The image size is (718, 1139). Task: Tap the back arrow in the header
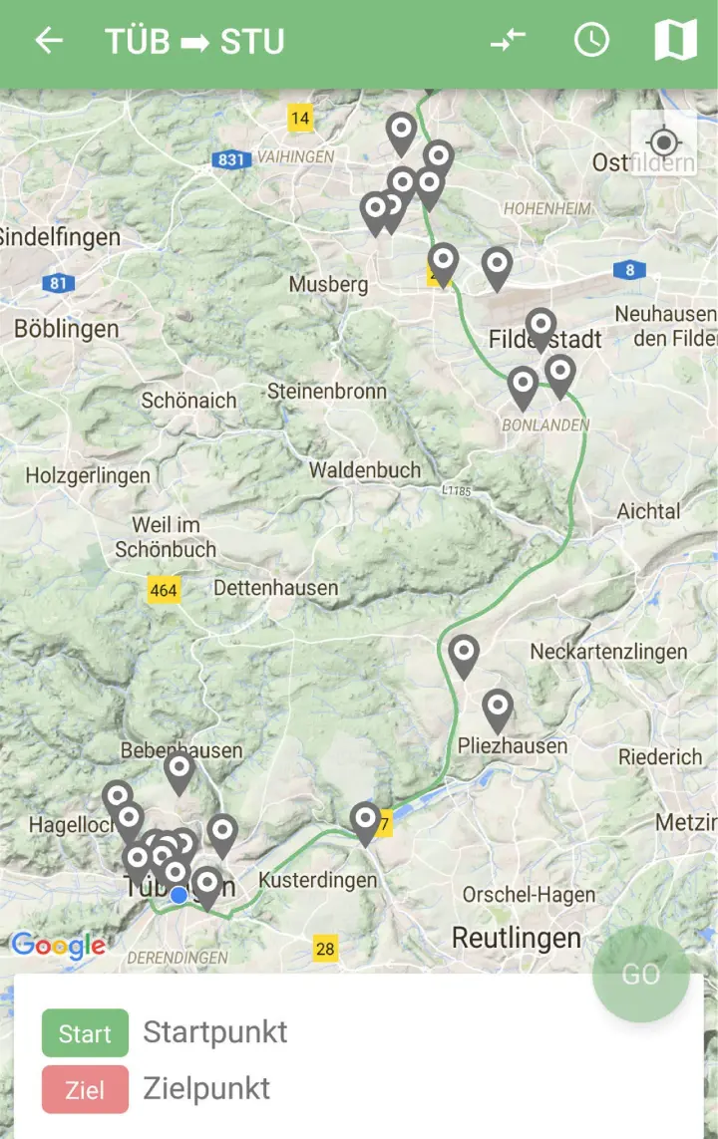pos(48,41)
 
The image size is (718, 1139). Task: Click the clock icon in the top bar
pos(591,40)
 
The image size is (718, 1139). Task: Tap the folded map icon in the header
pos(675,41)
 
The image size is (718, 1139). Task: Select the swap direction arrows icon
pos(508,41)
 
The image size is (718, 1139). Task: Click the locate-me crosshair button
pos(663,143)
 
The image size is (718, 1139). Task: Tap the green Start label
pos(85,1033)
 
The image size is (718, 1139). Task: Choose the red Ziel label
pos(85,1089)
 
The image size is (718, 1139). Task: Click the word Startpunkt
pos(214,1032)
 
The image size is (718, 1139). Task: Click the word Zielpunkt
pos(206,1089)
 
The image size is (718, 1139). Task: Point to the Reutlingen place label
pos(516,938)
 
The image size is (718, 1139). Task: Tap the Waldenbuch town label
pos(364,470)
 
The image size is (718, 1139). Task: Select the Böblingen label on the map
pos(66,329)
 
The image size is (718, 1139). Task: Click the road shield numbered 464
pos(163,590)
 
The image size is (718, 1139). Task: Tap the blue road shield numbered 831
pos(229,158)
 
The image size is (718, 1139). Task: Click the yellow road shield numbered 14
pos(300,119)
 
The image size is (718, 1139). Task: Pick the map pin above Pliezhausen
pos(498,709)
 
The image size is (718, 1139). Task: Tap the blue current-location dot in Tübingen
pos(179,896)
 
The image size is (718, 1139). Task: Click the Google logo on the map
pos(58,946)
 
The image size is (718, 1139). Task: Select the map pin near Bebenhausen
pos(179,770)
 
